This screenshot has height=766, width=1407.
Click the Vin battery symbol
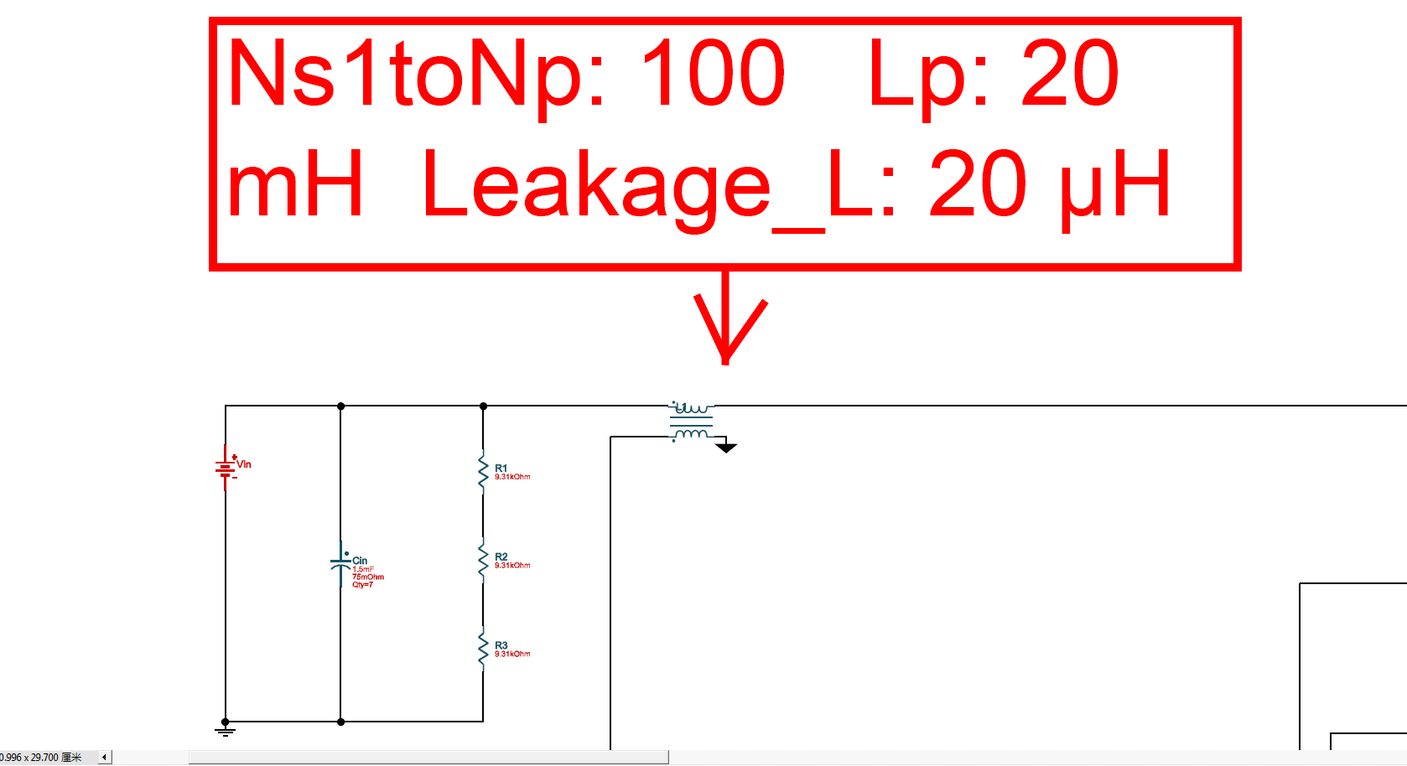[226, 468]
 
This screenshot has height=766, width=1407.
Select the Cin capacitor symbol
[340, 563]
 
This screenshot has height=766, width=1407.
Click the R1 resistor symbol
[483, 472]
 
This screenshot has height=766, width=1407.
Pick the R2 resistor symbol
[483, 560]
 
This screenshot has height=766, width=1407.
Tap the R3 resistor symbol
[483, 649]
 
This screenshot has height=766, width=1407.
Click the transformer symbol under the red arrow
[692, 422]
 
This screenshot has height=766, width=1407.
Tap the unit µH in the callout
[1116, 186]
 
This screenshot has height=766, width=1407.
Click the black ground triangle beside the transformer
[726, 448]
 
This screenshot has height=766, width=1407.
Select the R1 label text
[501, 468]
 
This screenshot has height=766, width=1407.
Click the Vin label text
[244, 464]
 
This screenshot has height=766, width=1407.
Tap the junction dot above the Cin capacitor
[340, 406]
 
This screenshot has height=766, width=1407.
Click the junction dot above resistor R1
[483, 406]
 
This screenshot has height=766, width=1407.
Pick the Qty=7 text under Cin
[362, 585]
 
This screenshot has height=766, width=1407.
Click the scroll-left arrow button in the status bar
[105, 758]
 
